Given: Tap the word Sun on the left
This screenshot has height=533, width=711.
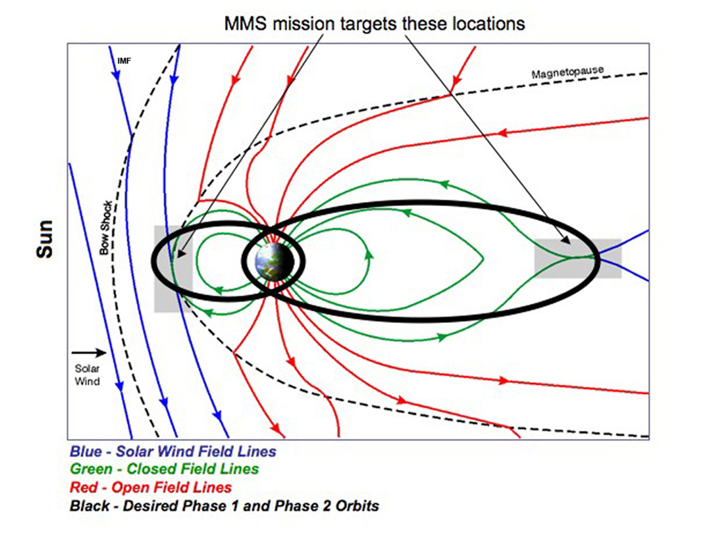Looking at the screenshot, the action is coord(45,239).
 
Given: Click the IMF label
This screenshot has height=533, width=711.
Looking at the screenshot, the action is coord(124,61).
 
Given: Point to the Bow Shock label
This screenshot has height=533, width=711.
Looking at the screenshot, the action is coord(105,228).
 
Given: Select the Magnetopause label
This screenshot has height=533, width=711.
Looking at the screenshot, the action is coord(567,72).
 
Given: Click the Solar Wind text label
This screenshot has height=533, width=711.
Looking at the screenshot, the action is coord(87,375).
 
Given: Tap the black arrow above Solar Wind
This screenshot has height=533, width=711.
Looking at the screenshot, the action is coord(89,352).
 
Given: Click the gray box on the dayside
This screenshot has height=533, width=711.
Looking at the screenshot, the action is coord(173,268).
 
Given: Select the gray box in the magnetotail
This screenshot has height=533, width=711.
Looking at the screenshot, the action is coord(578,258).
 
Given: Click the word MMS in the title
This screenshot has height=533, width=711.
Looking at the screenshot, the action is coord(246,24).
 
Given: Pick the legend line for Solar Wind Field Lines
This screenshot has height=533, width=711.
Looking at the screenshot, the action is coord(172,451).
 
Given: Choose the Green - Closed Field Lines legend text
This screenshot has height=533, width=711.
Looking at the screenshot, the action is coord(164,469).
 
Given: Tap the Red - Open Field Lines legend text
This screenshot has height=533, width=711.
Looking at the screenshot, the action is coord(151,487).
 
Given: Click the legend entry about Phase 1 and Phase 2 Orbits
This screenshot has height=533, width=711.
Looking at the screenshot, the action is coord(224,506).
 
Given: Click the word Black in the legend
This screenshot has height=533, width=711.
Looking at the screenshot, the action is coord(90,506).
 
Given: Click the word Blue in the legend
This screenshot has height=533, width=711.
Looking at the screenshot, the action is coord(86,451).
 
